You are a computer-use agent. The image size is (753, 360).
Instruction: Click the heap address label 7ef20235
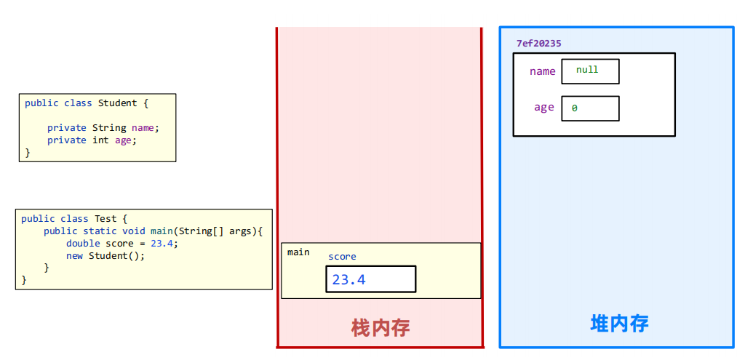538,44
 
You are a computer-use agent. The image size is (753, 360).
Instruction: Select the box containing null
590,71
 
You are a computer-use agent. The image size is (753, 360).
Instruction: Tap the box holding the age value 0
590,108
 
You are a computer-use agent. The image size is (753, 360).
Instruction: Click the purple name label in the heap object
542,71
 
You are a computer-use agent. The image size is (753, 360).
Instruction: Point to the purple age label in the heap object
543,108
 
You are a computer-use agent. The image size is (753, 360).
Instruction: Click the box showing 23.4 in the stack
370,279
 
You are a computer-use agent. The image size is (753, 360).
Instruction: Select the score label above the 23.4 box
342,257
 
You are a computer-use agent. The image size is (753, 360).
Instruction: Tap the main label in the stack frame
298,252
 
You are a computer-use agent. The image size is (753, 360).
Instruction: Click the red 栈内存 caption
381,328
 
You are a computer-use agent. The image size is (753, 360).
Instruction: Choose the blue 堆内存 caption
619,324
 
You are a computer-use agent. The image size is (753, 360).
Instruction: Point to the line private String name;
103,128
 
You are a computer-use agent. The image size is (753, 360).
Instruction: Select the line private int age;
92,140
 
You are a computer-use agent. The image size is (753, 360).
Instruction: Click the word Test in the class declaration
101,219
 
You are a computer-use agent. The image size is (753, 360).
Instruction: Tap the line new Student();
105,256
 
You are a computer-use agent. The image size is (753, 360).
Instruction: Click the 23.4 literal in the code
164,244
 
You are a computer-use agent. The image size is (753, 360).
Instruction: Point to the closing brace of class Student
28,153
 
